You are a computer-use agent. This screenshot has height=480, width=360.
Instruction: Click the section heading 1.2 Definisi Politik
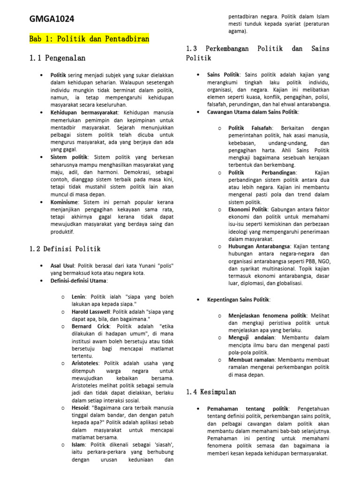[x=65, y=249]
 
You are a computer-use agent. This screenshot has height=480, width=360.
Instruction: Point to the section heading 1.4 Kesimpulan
[x=211, y=391]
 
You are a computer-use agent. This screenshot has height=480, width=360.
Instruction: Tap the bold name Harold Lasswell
[x=93, y=312]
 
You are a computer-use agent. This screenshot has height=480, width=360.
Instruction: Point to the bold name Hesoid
[x=81, y=408]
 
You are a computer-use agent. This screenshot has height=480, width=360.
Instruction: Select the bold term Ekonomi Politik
[x=247, y=210]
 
